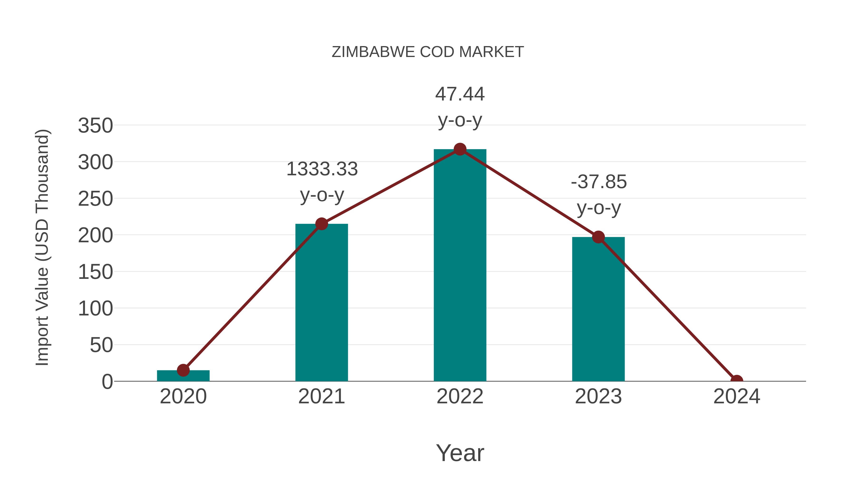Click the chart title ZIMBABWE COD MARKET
click(428, 52)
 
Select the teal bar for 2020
click(183, 376)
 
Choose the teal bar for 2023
click(598, 309)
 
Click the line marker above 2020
click(183, 370)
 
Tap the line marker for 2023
click(598, 237)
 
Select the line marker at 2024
click(736, 381)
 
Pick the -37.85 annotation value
click(598, 182)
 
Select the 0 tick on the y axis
click(107, 382)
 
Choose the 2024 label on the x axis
click(736, 396)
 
